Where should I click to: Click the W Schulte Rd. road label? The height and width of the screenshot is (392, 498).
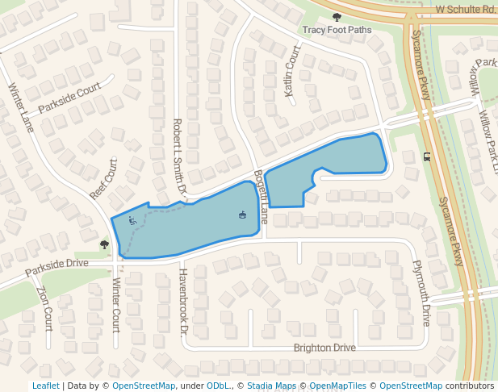(466, 9)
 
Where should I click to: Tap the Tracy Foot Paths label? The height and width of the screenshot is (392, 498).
(337, 30)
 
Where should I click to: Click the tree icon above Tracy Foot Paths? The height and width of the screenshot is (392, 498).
(337, 17)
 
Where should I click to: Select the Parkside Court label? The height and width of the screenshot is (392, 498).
(69, 97)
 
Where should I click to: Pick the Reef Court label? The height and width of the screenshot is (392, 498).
(104, 178)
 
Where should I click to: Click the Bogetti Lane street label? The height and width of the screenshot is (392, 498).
(261, 196)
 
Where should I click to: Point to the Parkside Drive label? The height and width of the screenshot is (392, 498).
(56, 264)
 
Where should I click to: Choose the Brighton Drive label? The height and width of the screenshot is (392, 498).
(324, 348)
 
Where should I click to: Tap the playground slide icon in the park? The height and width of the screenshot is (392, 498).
(132, 219)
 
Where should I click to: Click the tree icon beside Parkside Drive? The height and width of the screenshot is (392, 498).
(104, 244)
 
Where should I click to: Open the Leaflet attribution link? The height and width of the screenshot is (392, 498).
(45, 386)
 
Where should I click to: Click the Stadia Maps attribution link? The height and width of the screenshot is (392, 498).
(272, 386)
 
